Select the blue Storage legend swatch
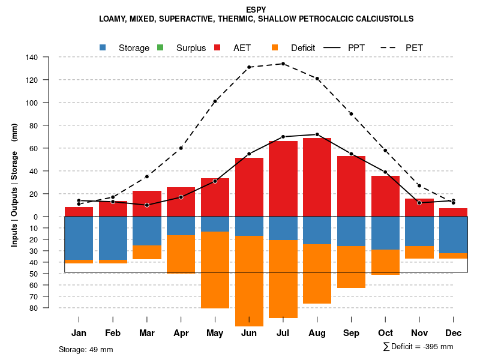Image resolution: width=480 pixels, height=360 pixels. click(x=103, y=47)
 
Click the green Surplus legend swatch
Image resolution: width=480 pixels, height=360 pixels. click(x=160, y=47)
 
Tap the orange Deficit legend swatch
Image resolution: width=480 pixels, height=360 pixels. click(x=275, y=47)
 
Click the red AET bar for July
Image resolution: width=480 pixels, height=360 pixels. click(x=283, y=179)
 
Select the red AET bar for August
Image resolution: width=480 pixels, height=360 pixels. click(x=317, y=177)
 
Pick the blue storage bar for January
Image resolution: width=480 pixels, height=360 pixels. click(x=79, y=238)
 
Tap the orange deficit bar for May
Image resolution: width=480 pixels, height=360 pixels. click(x=215, y=270)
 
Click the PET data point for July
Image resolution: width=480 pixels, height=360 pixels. click(x=283, y=64)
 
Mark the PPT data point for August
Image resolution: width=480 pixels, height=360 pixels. click(x=317, y=134)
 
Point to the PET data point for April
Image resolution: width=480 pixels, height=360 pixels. click(x=181, y=148)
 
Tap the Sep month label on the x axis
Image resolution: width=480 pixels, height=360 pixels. click(x=351, y=333)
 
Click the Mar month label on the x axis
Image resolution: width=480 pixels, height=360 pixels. click(x=146, y=333)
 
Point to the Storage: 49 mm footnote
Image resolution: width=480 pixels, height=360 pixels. click(x=86, y=349)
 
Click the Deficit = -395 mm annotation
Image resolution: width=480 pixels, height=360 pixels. click(x=418, y=347)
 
